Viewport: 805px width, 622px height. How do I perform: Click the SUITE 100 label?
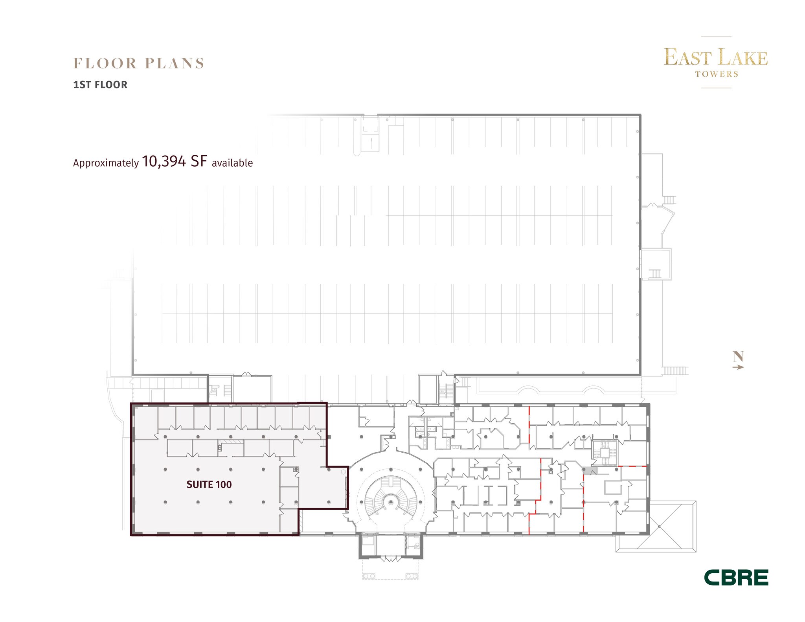[x=209, y=484]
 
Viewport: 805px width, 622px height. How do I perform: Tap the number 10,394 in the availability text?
[x=164, y=161]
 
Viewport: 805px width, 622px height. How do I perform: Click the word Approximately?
[x=106, y=163]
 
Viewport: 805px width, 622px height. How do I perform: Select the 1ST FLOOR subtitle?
[x=100, y=85]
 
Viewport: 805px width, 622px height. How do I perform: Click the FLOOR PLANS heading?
[x=139, y=64]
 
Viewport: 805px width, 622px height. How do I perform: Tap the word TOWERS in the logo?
[x=716, y=74]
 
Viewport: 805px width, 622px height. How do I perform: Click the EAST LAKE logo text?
[x=715, y=58]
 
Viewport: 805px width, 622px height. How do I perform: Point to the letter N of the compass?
[x=738, y=356]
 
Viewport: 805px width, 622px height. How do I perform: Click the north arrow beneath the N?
[x=738, y=367]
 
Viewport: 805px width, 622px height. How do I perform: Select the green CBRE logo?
[x=736, y=578]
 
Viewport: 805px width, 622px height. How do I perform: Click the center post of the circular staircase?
[x=391, y=502]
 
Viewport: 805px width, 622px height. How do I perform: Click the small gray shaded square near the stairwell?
[x=591, y=470]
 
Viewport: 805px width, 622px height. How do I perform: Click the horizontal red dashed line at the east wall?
[x=632, y=466]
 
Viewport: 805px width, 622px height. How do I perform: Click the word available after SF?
[x=232, y=163]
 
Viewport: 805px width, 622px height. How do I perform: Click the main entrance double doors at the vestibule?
[x=390, y=558]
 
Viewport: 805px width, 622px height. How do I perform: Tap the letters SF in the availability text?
[x=198, y=161]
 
